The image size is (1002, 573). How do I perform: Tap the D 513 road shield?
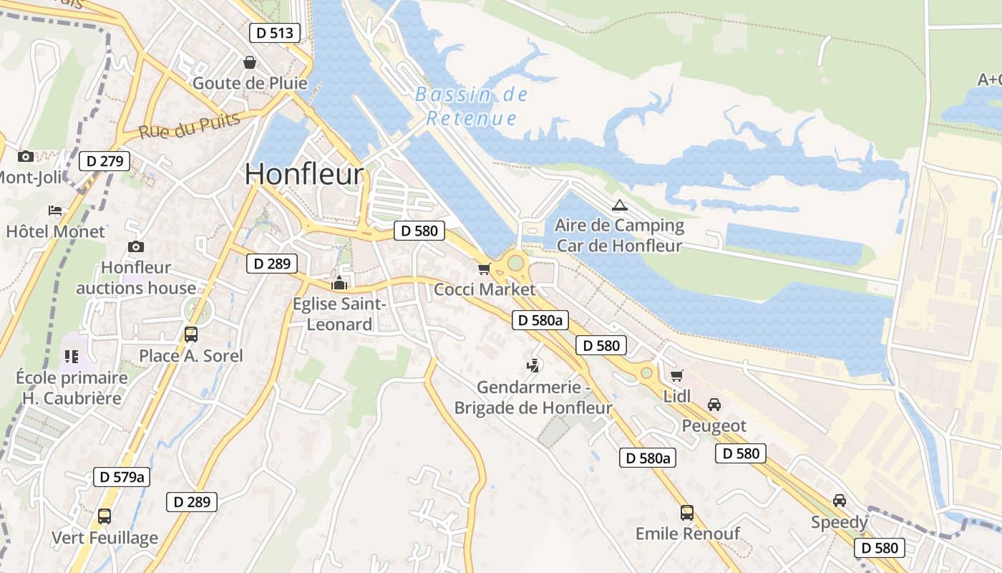tap(275, 32)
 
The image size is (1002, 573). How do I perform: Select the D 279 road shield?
tap(104, 161)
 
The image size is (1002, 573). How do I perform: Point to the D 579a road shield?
tap(122, 477)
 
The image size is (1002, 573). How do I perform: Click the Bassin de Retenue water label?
tap(472, 106)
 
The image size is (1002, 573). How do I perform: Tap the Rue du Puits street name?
tap(190, 126)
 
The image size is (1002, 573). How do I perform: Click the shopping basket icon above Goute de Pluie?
tap(250, 63)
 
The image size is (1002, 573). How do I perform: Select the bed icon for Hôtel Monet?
tap(55, 211)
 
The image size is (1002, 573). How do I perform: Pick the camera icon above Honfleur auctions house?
tap(136, 247)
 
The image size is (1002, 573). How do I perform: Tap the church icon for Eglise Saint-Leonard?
tap(339, 283)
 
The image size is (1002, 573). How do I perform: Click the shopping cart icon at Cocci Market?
tap(485, 269)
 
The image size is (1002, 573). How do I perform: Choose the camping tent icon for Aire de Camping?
tap(619, 206)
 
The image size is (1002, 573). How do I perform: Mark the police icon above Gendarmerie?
tap(532, 367)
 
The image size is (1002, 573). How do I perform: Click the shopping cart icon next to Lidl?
tap(676, 375)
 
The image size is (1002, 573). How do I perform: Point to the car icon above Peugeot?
tap(714, 405)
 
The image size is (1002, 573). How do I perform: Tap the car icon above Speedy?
tap(839, 501)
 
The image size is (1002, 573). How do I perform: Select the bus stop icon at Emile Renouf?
tap(686, 513)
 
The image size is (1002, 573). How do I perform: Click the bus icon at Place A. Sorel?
tap(191, 334)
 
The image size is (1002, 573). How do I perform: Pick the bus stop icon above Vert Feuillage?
tap(104, 516)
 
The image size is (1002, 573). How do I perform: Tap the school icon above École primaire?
tap(71, 356)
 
